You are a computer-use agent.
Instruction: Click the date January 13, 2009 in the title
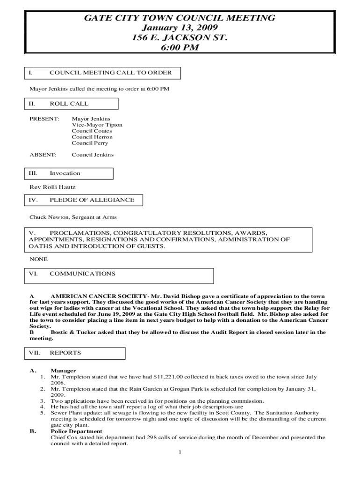tap(180, 28)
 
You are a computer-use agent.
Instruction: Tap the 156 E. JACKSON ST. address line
tap(180, 38)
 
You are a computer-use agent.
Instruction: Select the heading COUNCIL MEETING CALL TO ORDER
tap(110, 73)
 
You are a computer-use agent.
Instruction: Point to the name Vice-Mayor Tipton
tap(97, 125)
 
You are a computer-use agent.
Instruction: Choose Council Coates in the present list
tap(92, 131)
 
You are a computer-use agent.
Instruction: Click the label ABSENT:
tap(43, 154)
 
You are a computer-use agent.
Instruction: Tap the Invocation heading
tap(65, 173)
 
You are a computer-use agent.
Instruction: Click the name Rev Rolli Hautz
tap(52, 187)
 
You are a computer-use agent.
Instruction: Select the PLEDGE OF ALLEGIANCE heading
tap(92, 200)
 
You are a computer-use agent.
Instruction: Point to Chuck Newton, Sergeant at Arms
tap(73, 217)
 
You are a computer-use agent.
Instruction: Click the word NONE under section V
tap(38, 259)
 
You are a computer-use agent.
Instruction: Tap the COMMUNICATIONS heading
tap(82, 273)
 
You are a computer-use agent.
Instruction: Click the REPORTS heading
tap(65, 353)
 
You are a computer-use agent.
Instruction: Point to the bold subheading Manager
tap(63, 370)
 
